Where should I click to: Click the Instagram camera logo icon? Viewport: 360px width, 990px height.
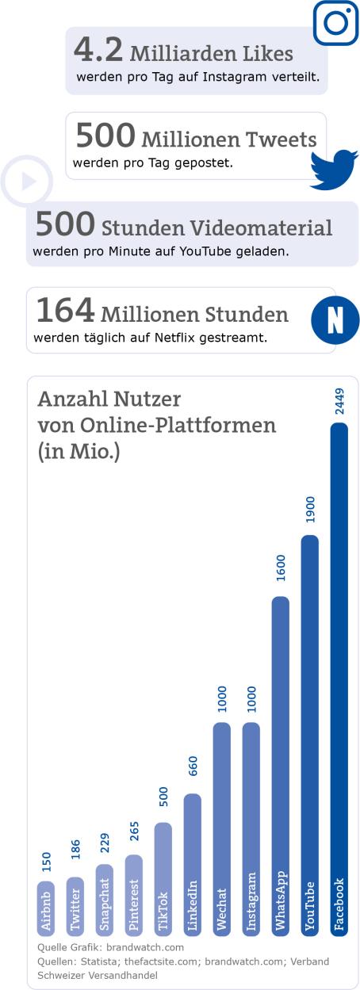tap(336, 22)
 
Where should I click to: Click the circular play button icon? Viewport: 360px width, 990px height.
tap(27, 182)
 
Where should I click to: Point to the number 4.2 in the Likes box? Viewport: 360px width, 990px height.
tap(98, 51)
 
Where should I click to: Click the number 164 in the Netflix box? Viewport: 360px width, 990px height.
tap(66, 312)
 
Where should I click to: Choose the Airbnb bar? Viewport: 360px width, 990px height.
tap(46, 908)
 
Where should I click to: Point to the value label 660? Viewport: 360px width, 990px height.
tap(192, 766)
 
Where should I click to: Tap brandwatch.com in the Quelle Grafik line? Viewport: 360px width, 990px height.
tap(145, 947)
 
